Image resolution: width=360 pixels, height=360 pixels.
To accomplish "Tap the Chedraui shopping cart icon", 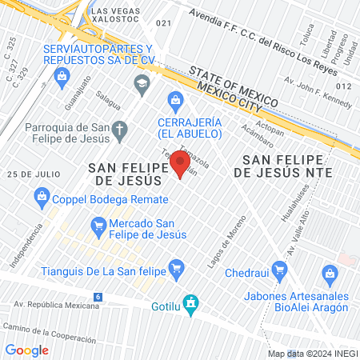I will pyautogui.click(x=278, y=269).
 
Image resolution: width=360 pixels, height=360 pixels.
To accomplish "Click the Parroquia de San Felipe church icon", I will pyautogui.click(x=119, y=130).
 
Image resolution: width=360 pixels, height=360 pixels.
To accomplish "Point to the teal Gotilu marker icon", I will pyautogui.click(x=190, y=302).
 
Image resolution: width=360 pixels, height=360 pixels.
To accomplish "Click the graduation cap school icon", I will pyautogui.click(x=142, y=83).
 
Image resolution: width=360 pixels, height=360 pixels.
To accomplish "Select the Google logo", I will pyautogui.click(x=26, y=350).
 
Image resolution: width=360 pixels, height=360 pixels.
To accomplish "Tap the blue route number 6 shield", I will pyautogui.click(x=98, y=297).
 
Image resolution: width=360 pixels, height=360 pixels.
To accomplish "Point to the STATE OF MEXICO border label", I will pyautogui.click(x=233, y=88).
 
